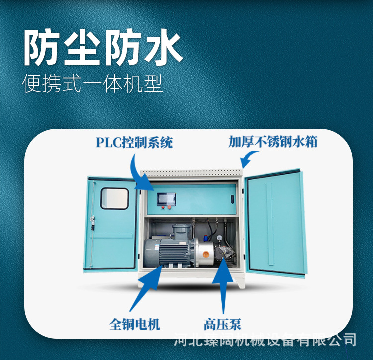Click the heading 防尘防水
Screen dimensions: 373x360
103,49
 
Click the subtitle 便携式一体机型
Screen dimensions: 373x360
93,84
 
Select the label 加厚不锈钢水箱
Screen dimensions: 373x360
273,142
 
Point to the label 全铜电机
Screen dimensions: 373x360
135,324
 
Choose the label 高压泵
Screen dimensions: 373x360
222,324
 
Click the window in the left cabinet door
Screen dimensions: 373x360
114,198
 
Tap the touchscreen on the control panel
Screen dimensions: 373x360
164,199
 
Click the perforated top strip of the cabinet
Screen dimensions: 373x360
191,172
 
